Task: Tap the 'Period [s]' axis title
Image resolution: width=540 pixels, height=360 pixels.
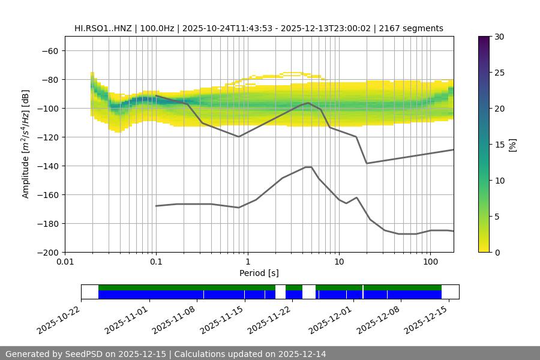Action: tap(259, 274)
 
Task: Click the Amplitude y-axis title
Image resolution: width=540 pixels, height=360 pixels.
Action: tap(26, 144)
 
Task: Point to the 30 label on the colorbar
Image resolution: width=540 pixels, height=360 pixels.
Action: tap(499, 37)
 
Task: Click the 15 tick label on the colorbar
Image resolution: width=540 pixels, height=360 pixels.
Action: tap(499, 145)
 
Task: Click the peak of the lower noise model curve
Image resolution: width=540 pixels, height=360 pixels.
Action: tap(308, 167)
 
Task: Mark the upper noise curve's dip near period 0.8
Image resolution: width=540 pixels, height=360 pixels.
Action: tap(239, 137)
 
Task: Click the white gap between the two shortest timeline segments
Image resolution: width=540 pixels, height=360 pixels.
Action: tap(309, 292)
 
